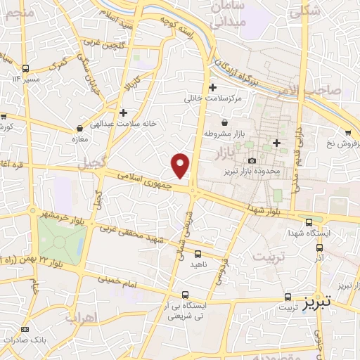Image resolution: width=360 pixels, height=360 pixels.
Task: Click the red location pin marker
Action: (x=181, y=165)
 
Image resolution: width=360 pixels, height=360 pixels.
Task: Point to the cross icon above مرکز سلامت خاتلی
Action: (x=212, y=87)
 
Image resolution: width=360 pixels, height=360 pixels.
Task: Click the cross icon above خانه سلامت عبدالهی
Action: (x=123, y=112)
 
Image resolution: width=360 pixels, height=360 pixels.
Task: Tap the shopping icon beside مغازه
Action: (x=79, y=129)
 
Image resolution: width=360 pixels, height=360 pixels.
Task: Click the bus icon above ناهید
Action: (x=198, y=254)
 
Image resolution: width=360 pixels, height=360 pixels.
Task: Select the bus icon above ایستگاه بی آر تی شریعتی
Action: (x=185, y=295)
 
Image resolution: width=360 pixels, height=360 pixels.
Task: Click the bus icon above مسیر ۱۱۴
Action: (x=26, y=68)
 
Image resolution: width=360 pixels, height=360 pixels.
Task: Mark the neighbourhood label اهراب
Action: (x=81, y=317)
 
